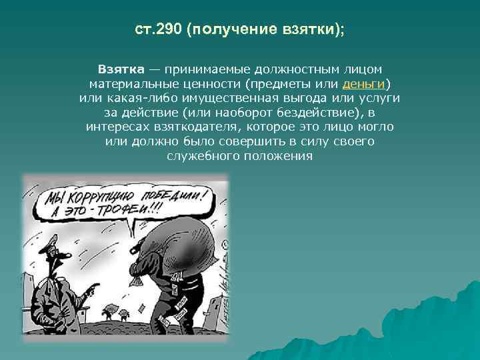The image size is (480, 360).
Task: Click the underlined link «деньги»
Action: tap(363, 83)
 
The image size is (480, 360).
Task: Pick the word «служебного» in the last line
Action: tap(197, 155)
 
